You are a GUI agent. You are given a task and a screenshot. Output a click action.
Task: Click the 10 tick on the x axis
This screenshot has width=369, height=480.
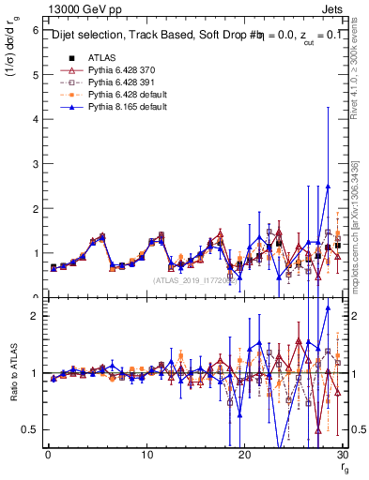tap(146, 456)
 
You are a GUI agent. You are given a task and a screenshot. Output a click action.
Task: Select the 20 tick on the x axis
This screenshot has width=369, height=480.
tap(245, 456)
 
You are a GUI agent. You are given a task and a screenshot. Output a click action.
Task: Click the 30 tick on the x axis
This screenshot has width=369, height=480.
tap(344, 456)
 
